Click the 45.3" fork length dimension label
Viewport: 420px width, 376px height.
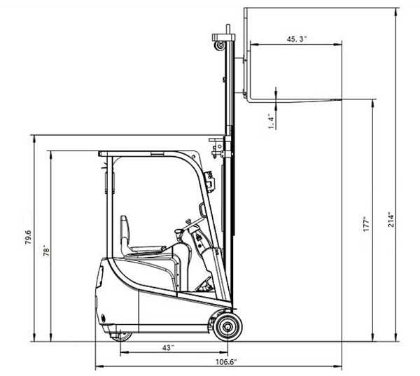pyautogui.click(x=297, y=39)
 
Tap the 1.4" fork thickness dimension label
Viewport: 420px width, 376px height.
pyautogui.click(x=272, y=123)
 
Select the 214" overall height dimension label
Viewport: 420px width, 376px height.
pyautogui.click(x=391, y=219)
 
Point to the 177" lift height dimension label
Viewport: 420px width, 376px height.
pyautogui.click(x=366, y=224)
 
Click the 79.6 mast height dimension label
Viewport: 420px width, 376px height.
pyautogui.click(x=28, y=237)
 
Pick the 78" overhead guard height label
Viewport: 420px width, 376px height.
pyautogui.click(x=46, y=251)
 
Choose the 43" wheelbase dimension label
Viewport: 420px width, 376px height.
pyautogui.click(x=168, y=347)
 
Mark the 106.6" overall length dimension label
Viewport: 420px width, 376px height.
pyautogui.click(x=226, y=362)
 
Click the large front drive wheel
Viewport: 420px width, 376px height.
pyautogui.click(x=228, y=327)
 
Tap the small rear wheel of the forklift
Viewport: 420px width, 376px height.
pyautogui.click(x=122, y=336)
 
